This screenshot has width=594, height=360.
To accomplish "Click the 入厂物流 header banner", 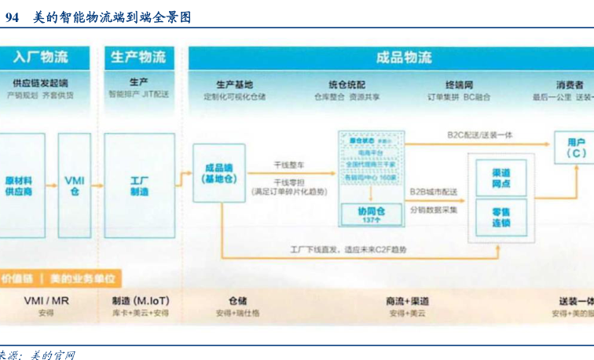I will coord(41,57).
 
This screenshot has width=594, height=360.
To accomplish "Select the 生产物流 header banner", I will coord(139,57).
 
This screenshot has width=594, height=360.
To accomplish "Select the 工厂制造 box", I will coord(139,186).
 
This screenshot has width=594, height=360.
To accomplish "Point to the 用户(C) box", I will coord(576,148).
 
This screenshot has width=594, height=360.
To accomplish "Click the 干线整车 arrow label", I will coord(289,165).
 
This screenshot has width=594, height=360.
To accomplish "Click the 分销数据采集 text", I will coord(434,210).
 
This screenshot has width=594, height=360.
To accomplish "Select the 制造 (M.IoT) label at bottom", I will coord(139,300).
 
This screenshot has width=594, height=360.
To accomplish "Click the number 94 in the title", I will coord(13,17).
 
